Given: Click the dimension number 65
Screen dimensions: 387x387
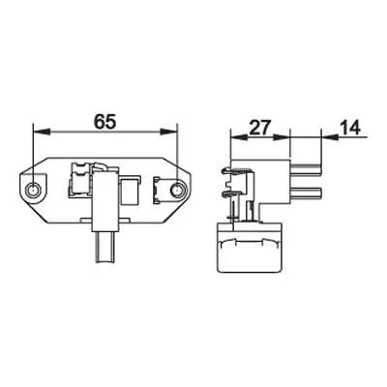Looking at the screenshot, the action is (x=104, y=122).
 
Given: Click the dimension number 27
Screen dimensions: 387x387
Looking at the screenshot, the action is (x=259, y=128).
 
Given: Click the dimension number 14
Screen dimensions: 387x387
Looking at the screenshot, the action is (x=350, y=128).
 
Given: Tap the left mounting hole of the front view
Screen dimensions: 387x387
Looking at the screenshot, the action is (x=33, y=190).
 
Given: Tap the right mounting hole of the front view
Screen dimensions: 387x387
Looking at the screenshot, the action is (x=177, y=190).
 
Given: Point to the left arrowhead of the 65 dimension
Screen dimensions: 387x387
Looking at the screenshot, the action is (x=42, y=132).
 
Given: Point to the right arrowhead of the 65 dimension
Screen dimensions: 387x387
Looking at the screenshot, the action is (x=168, y=132).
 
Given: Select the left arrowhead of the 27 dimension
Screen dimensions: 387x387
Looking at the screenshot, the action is (x=239, y=137).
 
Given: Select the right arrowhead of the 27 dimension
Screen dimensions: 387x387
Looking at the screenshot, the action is (x=282, y=137).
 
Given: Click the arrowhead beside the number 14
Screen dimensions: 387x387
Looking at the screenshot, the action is (x=330, y=137).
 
